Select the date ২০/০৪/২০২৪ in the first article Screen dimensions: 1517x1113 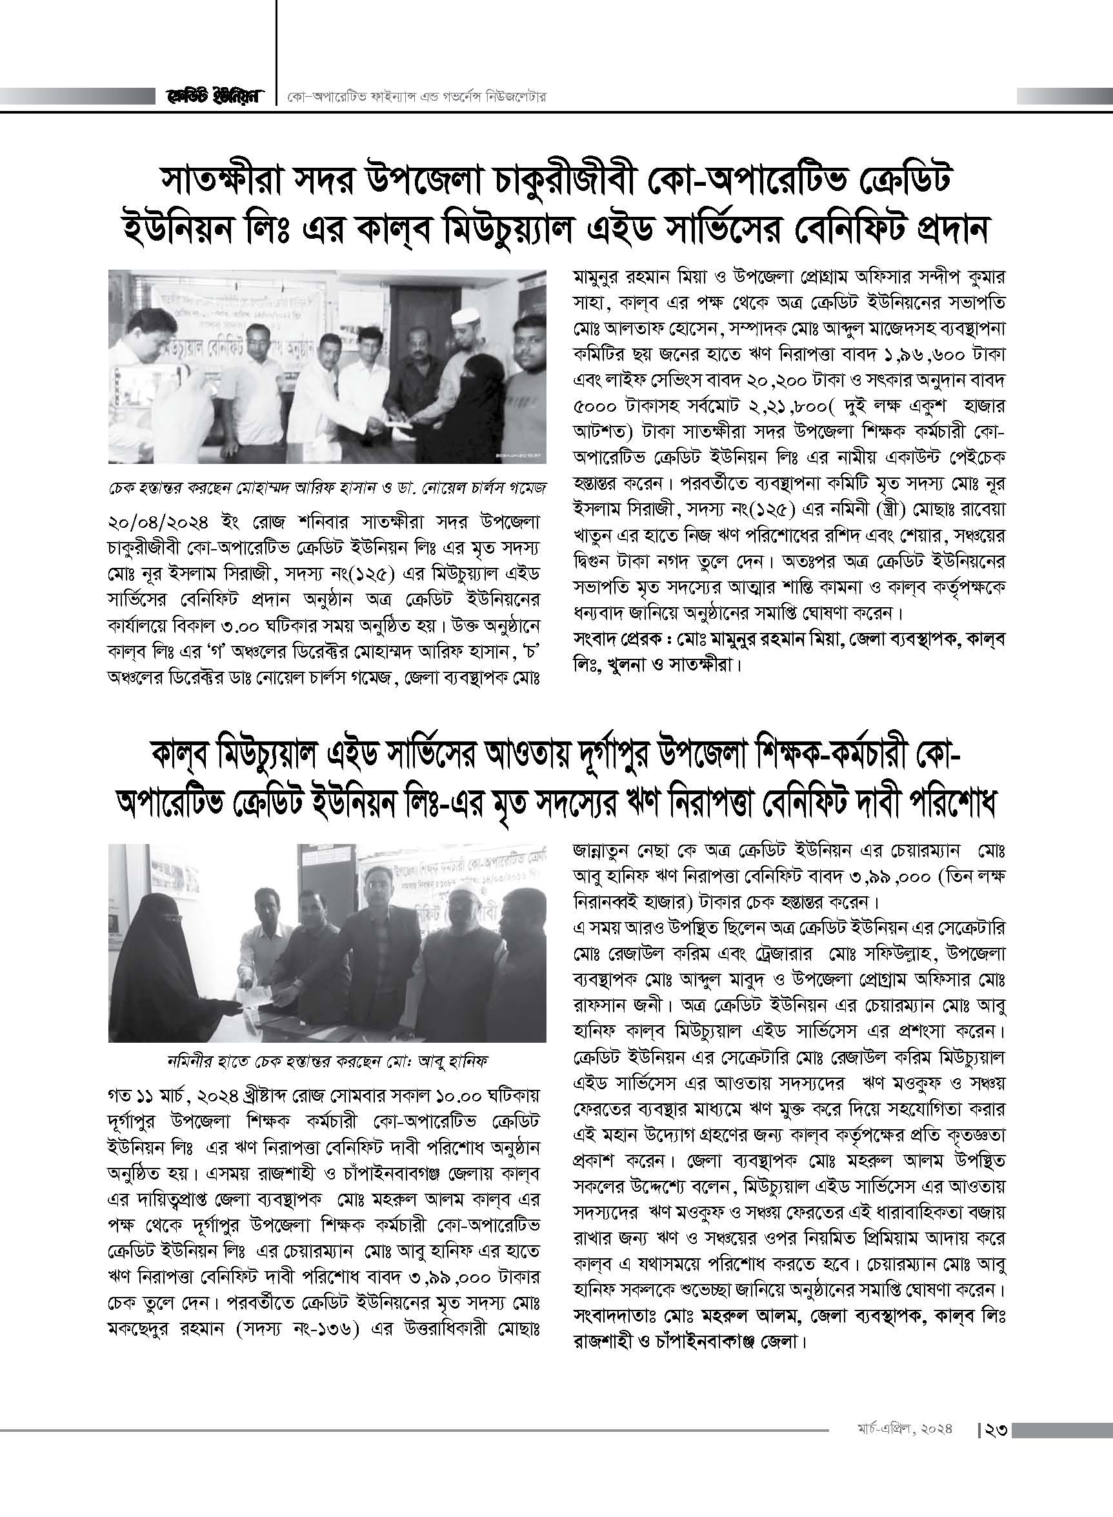coord(164,523)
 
